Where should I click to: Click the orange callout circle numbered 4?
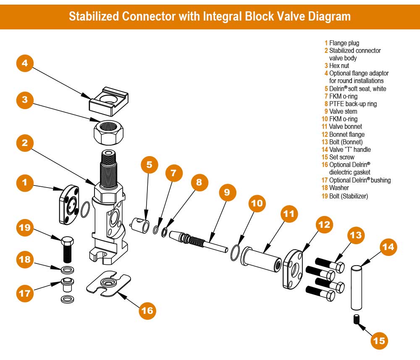click(x=25, y=63)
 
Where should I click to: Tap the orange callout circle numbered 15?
click(x=379, y=340)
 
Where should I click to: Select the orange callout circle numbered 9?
click(x=227, y=193)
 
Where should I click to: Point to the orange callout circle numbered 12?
click(x=324, y=225)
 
